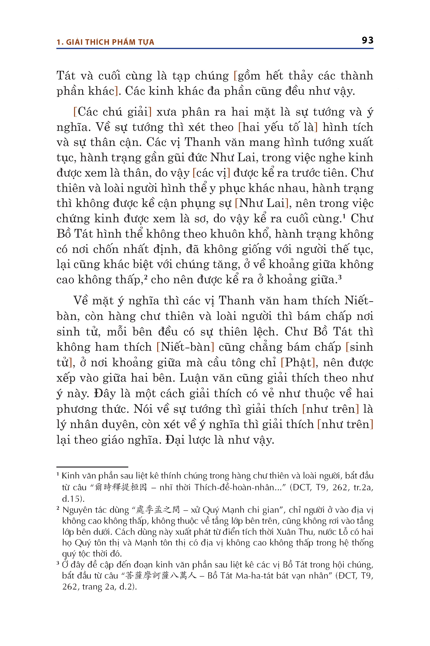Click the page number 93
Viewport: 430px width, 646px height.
[367, 40]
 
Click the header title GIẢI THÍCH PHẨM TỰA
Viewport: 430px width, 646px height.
[110, 42]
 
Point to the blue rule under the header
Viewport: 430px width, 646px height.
[215, 49]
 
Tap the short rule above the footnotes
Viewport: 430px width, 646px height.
[92, 467]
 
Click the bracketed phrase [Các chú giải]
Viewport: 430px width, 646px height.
[113, 112]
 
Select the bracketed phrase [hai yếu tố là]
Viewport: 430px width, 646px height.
[278, 127]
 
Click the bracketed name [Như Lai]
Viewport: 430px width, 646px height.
[262, 203]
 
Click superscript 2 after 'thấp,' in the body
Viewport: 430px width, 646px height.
[146, 277]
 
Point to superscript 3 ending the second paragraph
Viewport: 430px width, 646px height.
[340, 277]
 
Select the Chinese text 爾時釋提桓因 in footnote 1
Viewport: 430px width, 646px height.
[121, 487]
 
